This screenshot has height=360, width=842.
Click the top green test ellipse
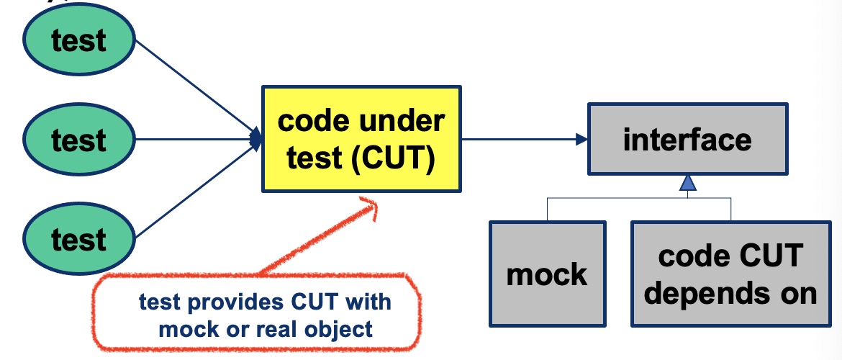(x=79, y=40)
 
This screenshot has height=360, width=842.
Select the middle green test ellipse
(x=79, y=139)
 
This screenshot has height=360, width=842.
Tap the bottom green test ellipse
(x=79, y=238)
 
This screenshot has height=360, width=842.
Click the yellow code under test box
(x=361, y=139)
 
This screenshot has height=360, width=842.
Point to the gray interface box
(x=687, y=139)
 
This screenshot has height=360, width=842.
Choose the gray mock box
(x=547, y=274)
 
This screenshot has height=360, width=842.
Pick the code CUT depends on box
(x=730, y=274)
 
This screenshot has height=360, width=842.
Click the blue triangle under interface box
(x=688, y=184)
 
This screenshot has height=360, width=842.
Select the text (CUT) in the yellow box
(x=394, y=158)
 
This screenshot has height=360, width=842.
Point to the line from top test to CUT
(x=194, y=86)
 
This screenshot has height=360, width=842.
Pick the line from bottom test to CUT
(x=194, y=191)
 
